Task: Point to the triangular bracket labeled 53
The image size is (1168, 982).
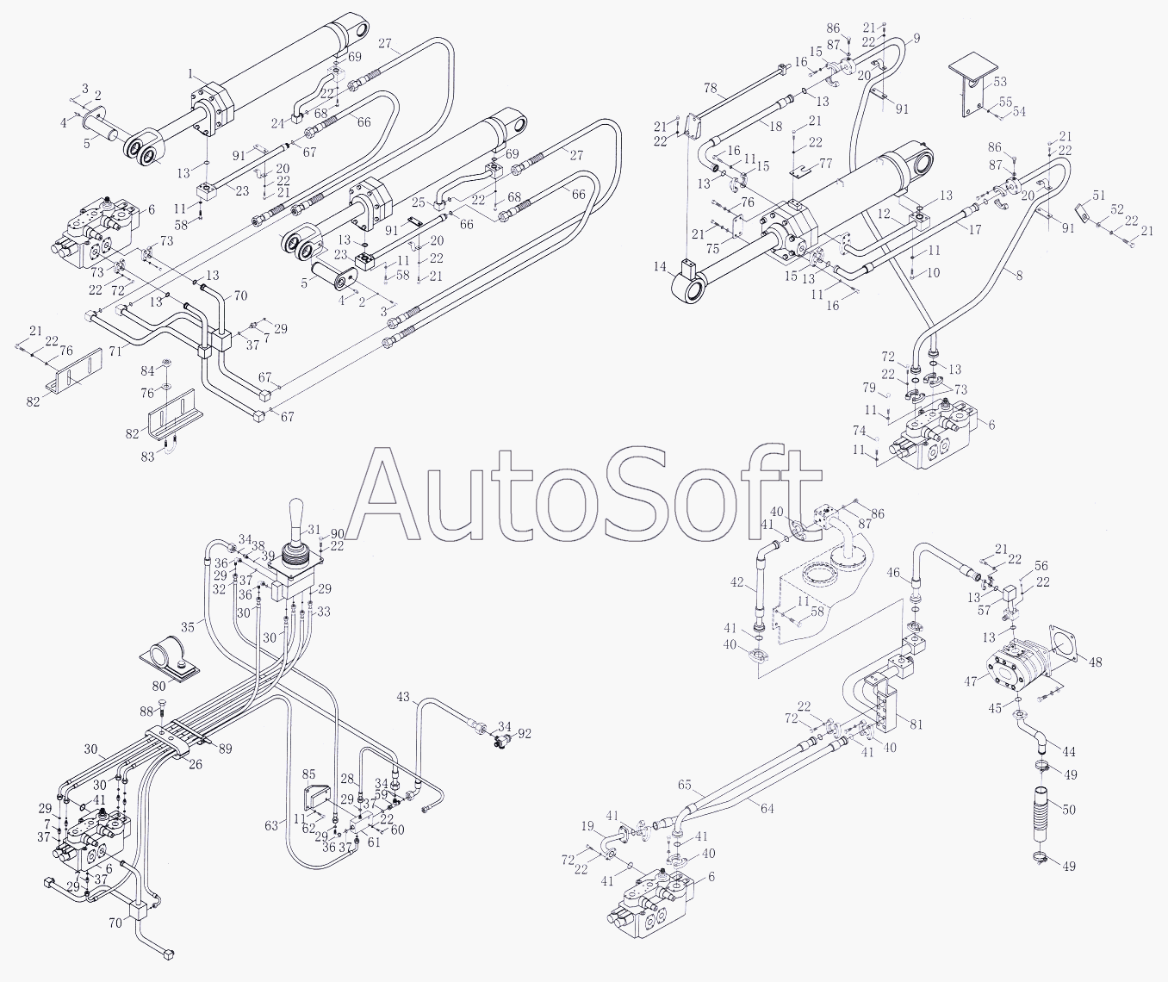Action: pyautogui.click(x=972, y=86)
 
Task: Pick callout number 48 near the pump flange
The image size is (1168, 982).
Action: pyautogui.click(x=1095, y=662)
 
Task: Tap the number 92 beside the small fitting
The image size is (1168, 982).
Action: pyautogui.click(x=525, y=734)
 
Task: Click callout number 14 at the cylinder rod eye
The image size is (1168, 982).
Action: pyautogui.click(x=661, y=267)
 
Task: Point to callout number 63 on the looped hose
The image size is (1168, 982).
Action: pyautogui.click(x=272, y=825)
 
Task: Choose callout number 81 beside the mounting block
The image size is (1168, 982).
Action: pyautogui.click(x=916, y=724)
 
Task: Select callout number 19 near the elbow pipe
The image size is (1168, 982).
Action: pyautogui.click(x=587, y=827)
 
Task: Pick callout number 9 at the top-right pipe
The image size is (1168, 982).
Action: pyautogui.click(x=916, y=38)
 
